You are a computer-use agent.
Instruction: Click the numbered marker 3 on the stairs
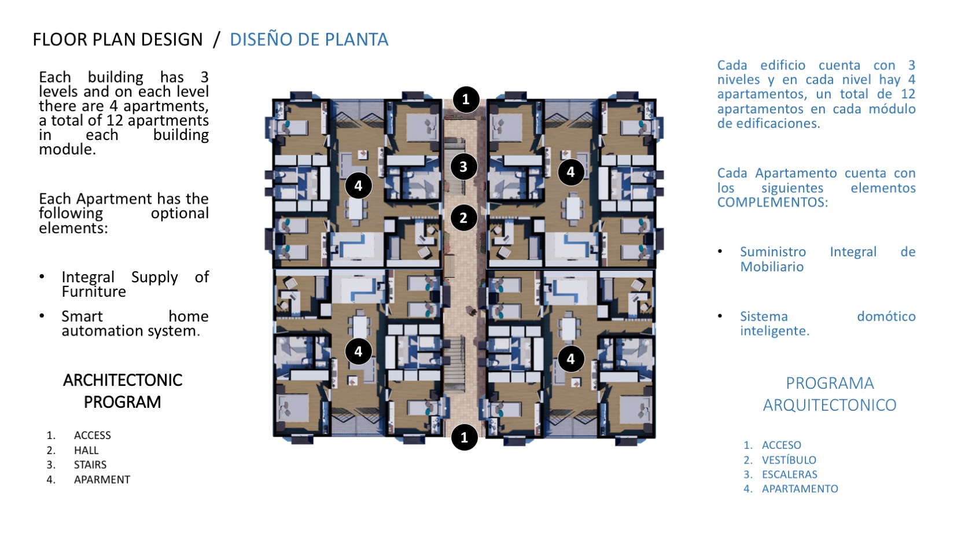pyautogui.click(x=463, y=167)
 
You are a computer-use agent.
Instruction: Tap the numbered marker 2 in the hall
pyautogui.click(x=463, y=218)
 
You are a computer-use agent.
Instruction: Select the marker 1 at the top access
pyautogui.click(x=466, y=100)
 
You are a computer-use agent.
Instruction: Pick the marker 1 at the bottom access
pyautogui.click(x=465, y=437)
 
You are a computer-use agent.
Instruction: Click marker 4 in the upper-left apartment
pyautogui.click(x=358, y=186)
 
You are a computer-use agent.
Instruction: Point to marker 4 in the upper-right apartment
pyautogui.click(x=571, y=172)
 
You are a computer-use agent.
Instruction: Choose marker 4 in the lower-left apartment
pyautogui.click(x=358, y=351)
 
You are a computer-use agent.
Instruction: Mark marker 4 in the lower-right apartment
pyautogui.click(x=571, y=359)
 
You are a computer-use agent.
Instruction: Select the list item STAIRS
pyautogui.click(x=90, y=465)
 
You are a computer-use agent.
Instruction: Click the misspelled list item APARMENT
pyautogui.click(x=102, y=479)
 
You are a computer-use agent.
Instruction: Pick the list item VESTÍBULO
pyautogui.click(x=789, y=460)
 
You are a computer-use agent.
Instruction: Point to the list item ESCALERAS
pyautogui.click(x=790, y=474)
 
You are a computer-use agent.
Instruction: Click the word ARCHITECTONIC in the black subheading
pyautogui.click(x=123, y=381)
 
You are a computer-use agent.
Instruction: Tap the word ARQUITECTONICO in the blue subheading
pyautogui.click(x=830, y=405)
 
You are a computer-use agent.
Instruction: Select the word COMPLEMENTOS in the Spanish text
pyautogui.click(x=772, y=202)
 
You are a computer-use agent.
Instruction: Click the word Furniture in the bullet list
pyautogui.click(x=94, y=292)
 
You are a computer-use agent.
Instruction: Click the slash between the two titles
pyautogui.click(x=216, y=40)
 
